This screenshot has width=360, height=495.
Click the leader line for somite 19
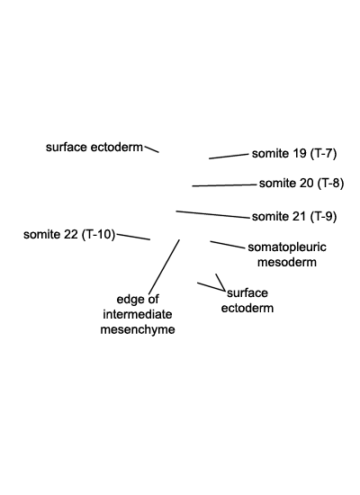click(229, 157)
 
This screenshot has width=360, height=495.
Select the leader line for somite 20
click(224, 185)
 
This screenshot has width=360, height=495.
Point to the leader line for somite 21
click(212, 214)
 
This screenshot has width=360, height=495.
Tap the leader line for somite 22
click(133, 237)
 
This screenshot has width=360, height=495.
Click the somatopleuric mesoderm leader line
click(228, 245)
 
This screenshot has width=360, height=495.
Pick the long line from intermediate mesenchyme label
click(164, 266)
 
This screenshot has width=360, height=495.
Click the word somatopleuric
click(287, 247)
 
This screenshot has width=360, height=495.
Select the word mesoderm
click(287, 262)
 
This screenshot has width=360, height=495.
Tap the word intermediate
click(138, 314)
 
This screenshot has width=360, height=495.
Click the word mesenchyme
click(138, 329)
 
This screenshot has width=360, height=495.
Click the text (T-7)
click(323, 154)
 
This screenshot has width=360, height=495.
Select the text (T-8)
click(330, 184)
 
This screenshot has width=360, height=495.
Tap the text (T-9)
click(323, 217)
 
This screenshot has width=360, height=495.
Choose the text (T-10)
click(98, 235)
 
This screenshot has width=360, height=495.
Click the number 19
click(300, 154)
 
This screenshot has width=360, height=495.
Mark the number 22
click(71, 235)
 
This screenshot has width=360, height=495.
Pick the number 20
click(307, 184)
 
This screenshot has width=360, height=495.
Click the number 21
click(300, 217)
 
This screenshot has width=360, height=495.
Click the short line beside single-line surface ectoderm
click(151, 149)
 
